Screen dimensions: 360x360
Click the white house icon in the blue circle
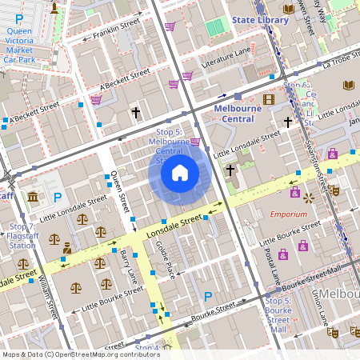[x=180, y=172]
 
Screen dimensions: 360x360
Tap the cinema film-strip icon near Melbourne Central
[x=269, y=99]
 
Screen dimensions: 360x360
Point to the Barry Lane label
[x=126, y=263]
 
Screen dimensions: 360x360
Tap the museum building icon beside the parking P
[x=33, y=197]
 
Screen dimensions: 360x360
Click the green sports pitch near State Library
[x=215, y=29]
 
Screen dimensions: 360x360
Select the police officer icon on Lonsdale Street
[x=68, y=247]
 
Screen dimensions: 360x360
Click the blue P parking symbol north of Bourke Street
[x=208, y=297]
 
